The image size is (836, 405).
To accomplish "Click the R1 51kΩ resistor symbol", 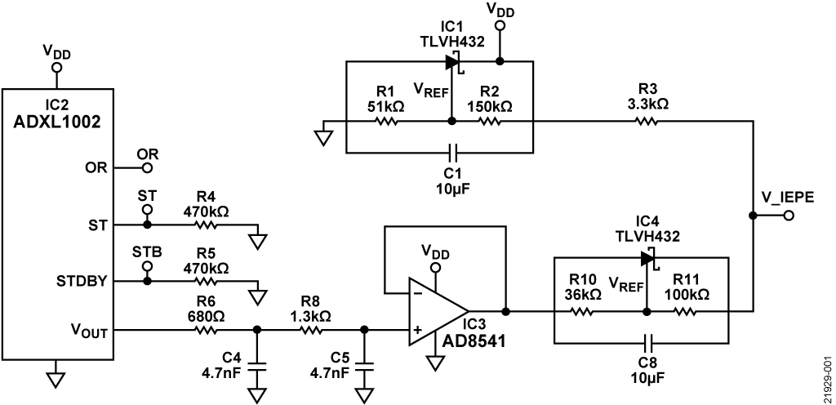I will (x=386, y=122).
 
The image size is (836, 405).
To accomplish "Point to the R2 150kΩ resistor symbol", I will (x=490, y=122).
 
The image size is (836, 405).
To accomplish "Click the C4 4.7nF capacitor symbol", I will (x=257, y=367).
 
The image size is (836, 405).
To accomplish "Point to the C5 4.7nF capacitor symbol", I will (x=365, y=367).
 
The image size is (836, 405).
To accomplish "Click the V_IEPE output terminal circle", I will (x=789, y=216).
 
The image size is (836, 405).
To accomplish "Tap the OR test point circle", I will (x=147, y=169).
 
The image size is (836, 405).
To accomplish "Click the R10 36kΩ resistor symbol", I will (x=585, y=311).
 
